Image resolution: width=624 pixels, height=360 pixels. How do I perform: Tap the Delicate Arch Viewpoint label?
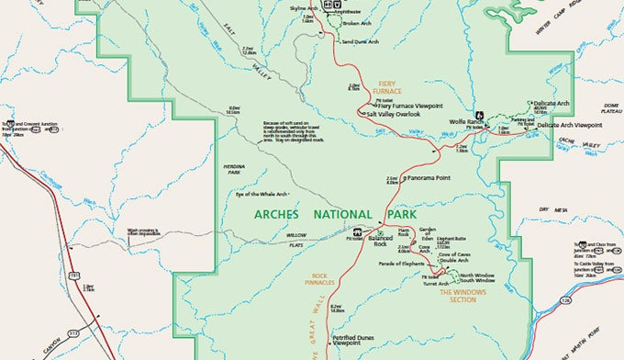click(x=570, y=124)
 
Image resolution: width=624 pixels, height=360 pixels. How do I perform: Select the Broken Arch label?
click(x=357, y=23)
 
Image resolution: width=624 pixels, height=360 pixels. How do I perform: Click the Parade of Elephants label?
click(x=400, y=264)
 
